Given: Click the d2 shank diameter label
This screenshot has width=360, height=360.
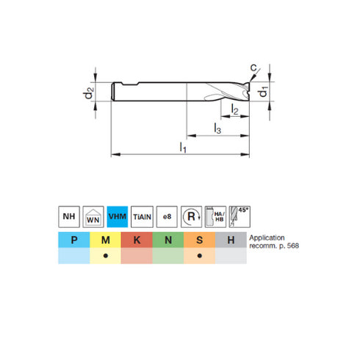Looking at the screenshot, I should click(x=88, y=93).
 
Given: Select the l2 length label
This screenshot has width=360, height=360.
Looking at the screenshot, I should click(x=234, y=109).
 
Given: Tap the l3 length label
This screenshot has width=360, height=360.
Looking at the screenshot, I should click(x=217, y=129).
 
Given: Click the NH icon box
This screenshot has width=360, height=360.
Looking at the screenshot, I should click(x=68, y=216).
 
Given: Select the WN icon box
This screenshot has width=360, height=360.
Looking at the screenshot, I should click(x=93, y=216).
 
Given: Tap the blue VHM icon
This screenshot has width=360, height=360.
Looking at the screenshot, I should click(x=118, y=216).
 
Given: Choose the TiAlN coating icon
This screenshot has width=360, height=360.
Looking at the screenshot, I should click(x=142, y=216).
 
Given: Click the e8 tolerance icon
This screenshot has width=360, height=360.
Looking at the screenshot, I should click(x=167, y=216).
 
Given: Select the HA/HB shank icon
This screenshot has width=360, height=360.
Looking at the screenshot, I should click(x=216, y=216).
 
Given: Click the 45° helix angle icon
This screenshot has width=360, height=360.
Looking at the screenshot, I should click(x=240, y=216).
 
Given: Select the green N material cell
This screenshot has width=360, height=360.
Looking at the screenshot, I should click(x=168, y=240).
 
